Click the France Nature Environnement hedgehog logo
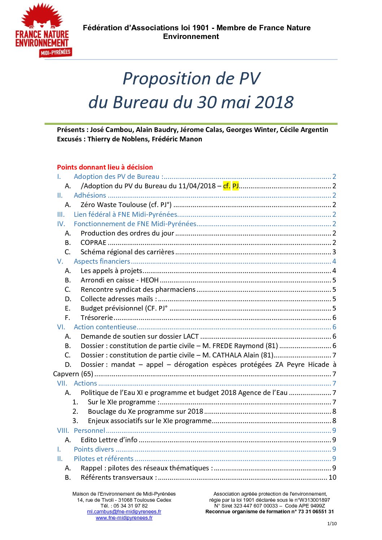[42, 30]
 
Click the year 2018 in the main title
[274, 102]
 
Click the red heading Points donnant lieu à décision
[105, 167]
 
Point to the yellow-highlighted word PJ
[235, 186]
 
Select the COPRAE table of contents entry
[94, 243]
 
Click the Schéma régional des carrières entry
[127, 252]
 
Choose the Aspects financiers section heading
[102, 262]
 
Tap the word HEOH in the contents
[149, 280]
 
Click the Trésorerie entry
[97, 318]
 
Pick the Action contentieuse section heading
[105, 327]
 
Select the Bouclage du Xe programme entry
[146, 412]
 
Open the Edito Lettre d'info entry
[109, 440]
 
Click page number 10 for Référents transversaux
[332, 478]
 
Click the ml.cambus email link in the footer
[124, 512]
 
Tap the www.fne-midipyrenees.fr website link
[124, 518]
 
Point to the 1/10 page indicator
[332, 524]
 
